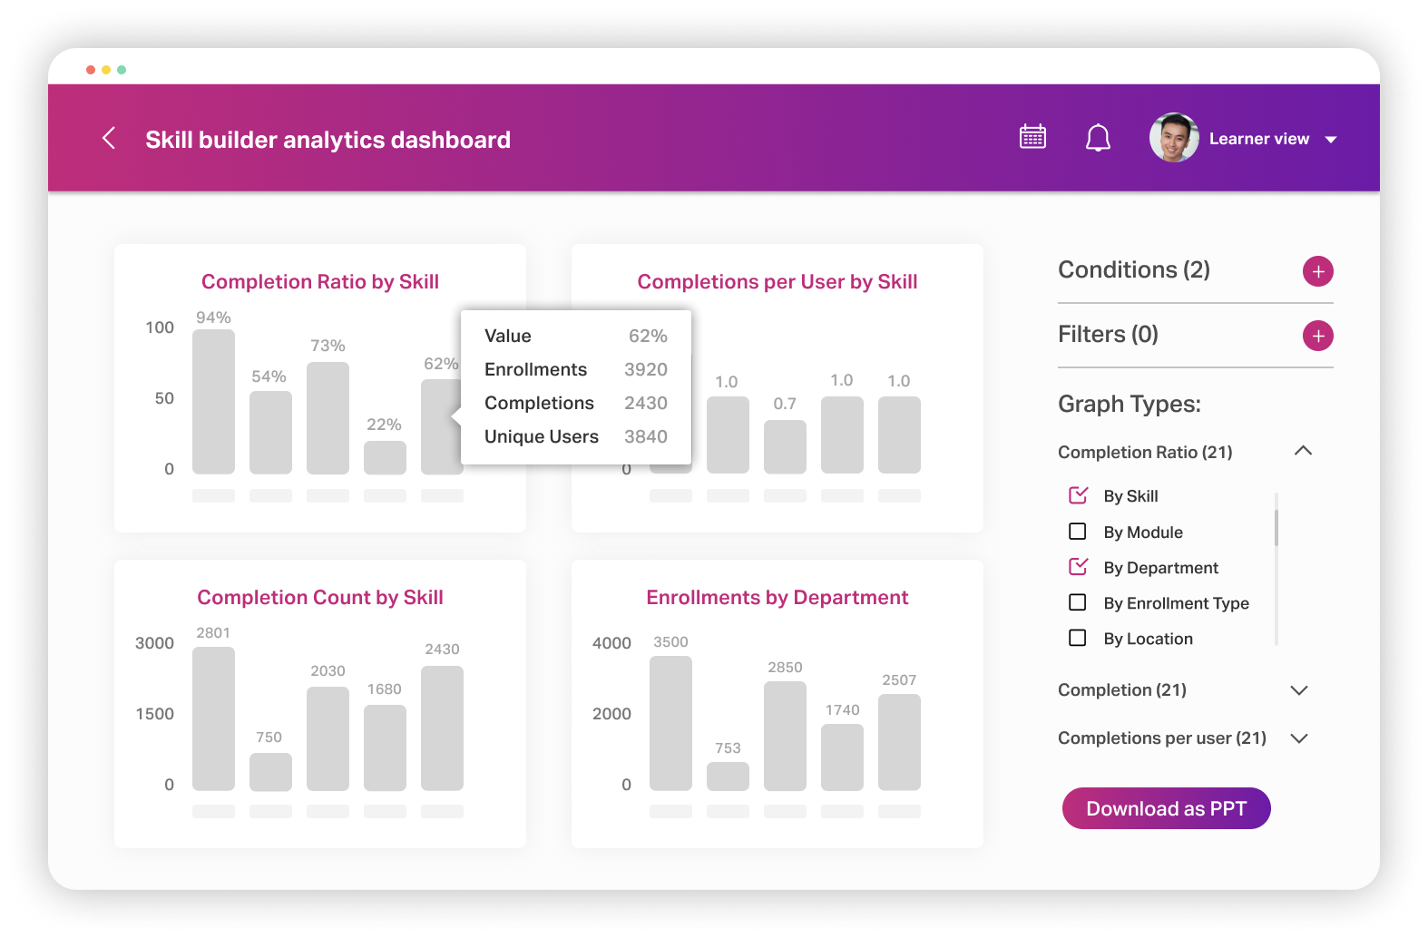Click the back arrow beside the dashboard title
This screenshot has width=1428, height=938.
tap(109, 138)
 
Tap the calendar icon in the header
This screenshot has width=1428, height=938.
tap(1032, 137)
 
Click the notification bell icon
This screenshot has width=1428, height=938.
tap(1098, 138)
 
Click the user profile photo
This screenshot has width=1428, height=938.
tap(1174, 138)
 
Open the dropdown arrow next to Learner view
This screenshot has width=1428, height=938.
tap(1331, 140)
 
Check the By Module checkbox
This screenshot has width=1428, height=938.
tap(1078, 532)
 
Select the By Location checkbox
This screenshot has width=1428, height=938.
tap(1078, 638)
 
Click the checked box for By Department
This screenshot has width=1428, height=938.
tap(1078, 567)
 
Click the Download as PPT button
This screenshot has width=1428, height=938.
tap(1166, 808)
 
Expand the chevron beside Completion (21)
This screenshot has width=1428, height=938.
tap(1299, 690)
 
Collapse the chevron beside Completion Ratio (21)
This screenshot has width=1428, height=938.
tap(1303, 451)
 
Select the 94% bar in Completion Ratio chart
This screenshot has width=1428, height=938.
tap(213, 402)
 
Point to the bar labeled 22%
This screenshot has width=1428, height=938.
tap(385, 458)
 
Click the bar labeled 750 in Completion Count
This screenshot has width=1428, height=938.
tap(270, 772)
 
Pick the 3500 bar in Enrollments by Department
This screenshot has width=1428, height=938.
tap(670, 723)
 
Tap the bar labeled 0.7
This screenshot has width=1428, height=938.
tap(785, 446)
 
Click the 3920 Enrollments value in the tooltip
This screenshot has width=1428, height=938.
tap(645, 369)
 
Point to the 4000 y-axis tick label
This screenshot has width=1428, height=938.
tap(611, 643)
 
